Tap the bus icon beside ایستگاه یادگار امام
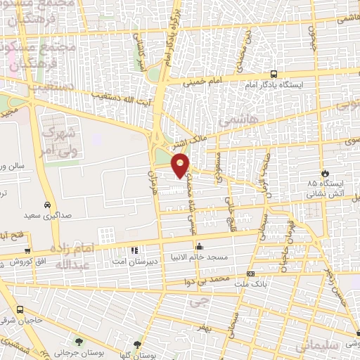point(274,74)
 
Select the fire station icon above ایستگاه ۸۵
point(324,173)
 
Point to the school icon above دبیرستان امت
point(134,250)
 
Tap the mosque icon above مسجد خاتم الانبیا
point(200,247)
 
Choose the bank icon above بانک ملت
point(250,274)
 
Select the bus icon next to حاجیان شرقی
point(20,310)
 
